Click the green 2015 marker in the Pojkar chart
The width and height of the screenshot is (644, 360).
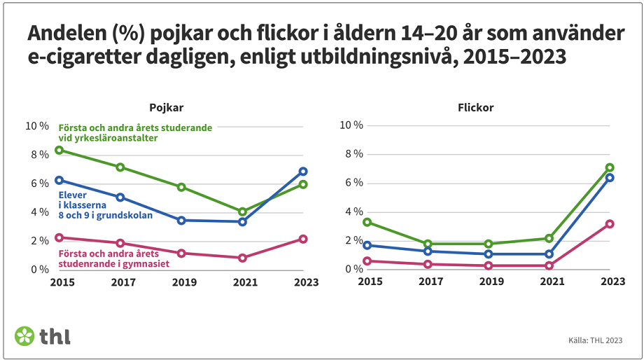pos(59,151)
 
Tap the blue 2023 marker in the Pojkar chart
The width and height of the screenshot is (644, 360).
pos(303,172)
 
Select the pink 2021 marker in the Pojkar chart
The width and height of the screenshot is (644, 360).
pos(242,258)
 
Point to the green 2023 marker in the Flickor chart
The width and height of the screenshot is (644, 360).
pos(610,167)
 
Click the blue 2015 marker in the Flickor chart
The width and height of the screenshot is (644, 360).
pos(366,245)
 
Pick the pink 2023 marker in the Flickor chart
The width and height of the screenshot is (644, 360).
pos(610,224)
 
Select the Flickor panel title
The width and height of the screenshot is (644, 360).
pos(475,108)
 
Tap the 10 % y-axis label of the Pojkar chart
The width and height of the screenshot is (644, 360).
pos(37,126)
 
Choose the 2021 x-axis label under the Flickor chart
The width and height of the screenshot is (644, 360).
pos(549,282)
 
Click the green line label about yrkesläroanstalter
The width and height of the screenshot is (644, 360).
pos(134,133)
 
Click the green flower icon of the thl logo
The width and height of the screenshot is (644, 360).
pos(24,335)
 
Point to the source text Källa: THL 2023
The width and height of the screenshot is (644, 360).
pos(595,341)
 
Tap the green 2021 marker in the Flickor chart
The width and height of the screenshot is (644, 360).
pos(549,238)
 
